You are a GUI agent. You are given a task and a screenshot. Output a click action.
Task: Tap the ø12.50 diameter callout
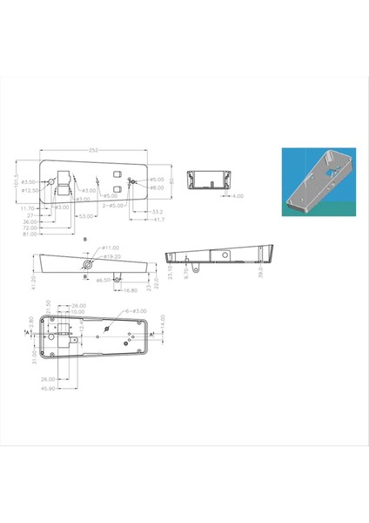pyautogui.click(x=30, y=190)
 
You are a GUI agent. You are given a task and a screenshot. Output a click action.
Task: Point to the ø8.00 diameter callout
pyautogui.click(x=157, y=188)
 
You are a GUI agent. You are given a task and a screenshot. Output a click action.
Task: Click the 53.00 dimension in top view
pyautogui.click(x=85, y=215)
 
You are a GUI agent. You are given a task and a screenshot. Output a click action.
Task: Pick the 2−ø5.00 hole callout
pyautogui.click(x=116, y=207)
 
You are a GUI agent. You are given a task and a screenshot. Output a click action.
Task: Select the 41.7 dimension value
pyautogui.click(x=160, y=220)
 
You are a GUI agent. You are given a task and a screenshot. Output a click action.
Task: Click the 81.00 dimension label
pyautogui.click(x=30, y=234)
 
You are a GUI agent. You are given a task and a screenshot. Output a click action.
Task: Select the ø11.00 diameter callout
pyautogui.click(x=111, y=248)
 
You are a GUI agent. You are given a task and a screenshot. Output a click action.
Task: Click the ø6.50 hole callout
pyautogui.click(x=103, y=281)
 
